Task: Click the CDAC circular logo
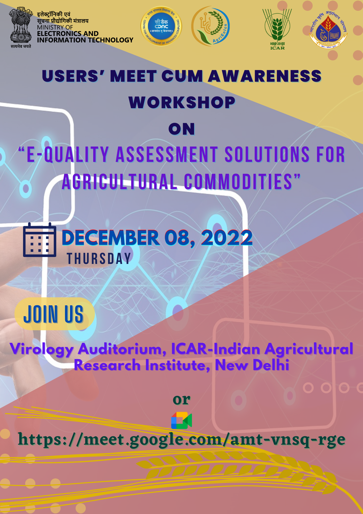pyautogui.click(x=161, y=26)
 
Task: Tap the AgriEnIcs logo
pyautogui.click(x=211, y=26)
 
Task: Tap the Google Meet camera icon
pyautogui.click(x=181, y=420)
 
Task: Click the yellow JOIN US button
pyautogui.click(x=54, y=314)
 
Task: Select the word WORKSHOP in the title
pyautogui.click(x=182, y=103)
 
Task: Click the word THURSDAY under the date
pyautogui.click(x=99, y=259)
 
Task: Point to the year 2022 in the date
pyautogui.click(x=227, y=238)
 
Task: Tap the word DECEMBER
pyautogui.click(x=111, y=238)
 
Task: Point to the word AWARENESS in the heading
pyautogui.click(x=264, y=76)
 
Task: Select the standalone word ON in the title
pyautogui.click(x=181, y=129)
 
